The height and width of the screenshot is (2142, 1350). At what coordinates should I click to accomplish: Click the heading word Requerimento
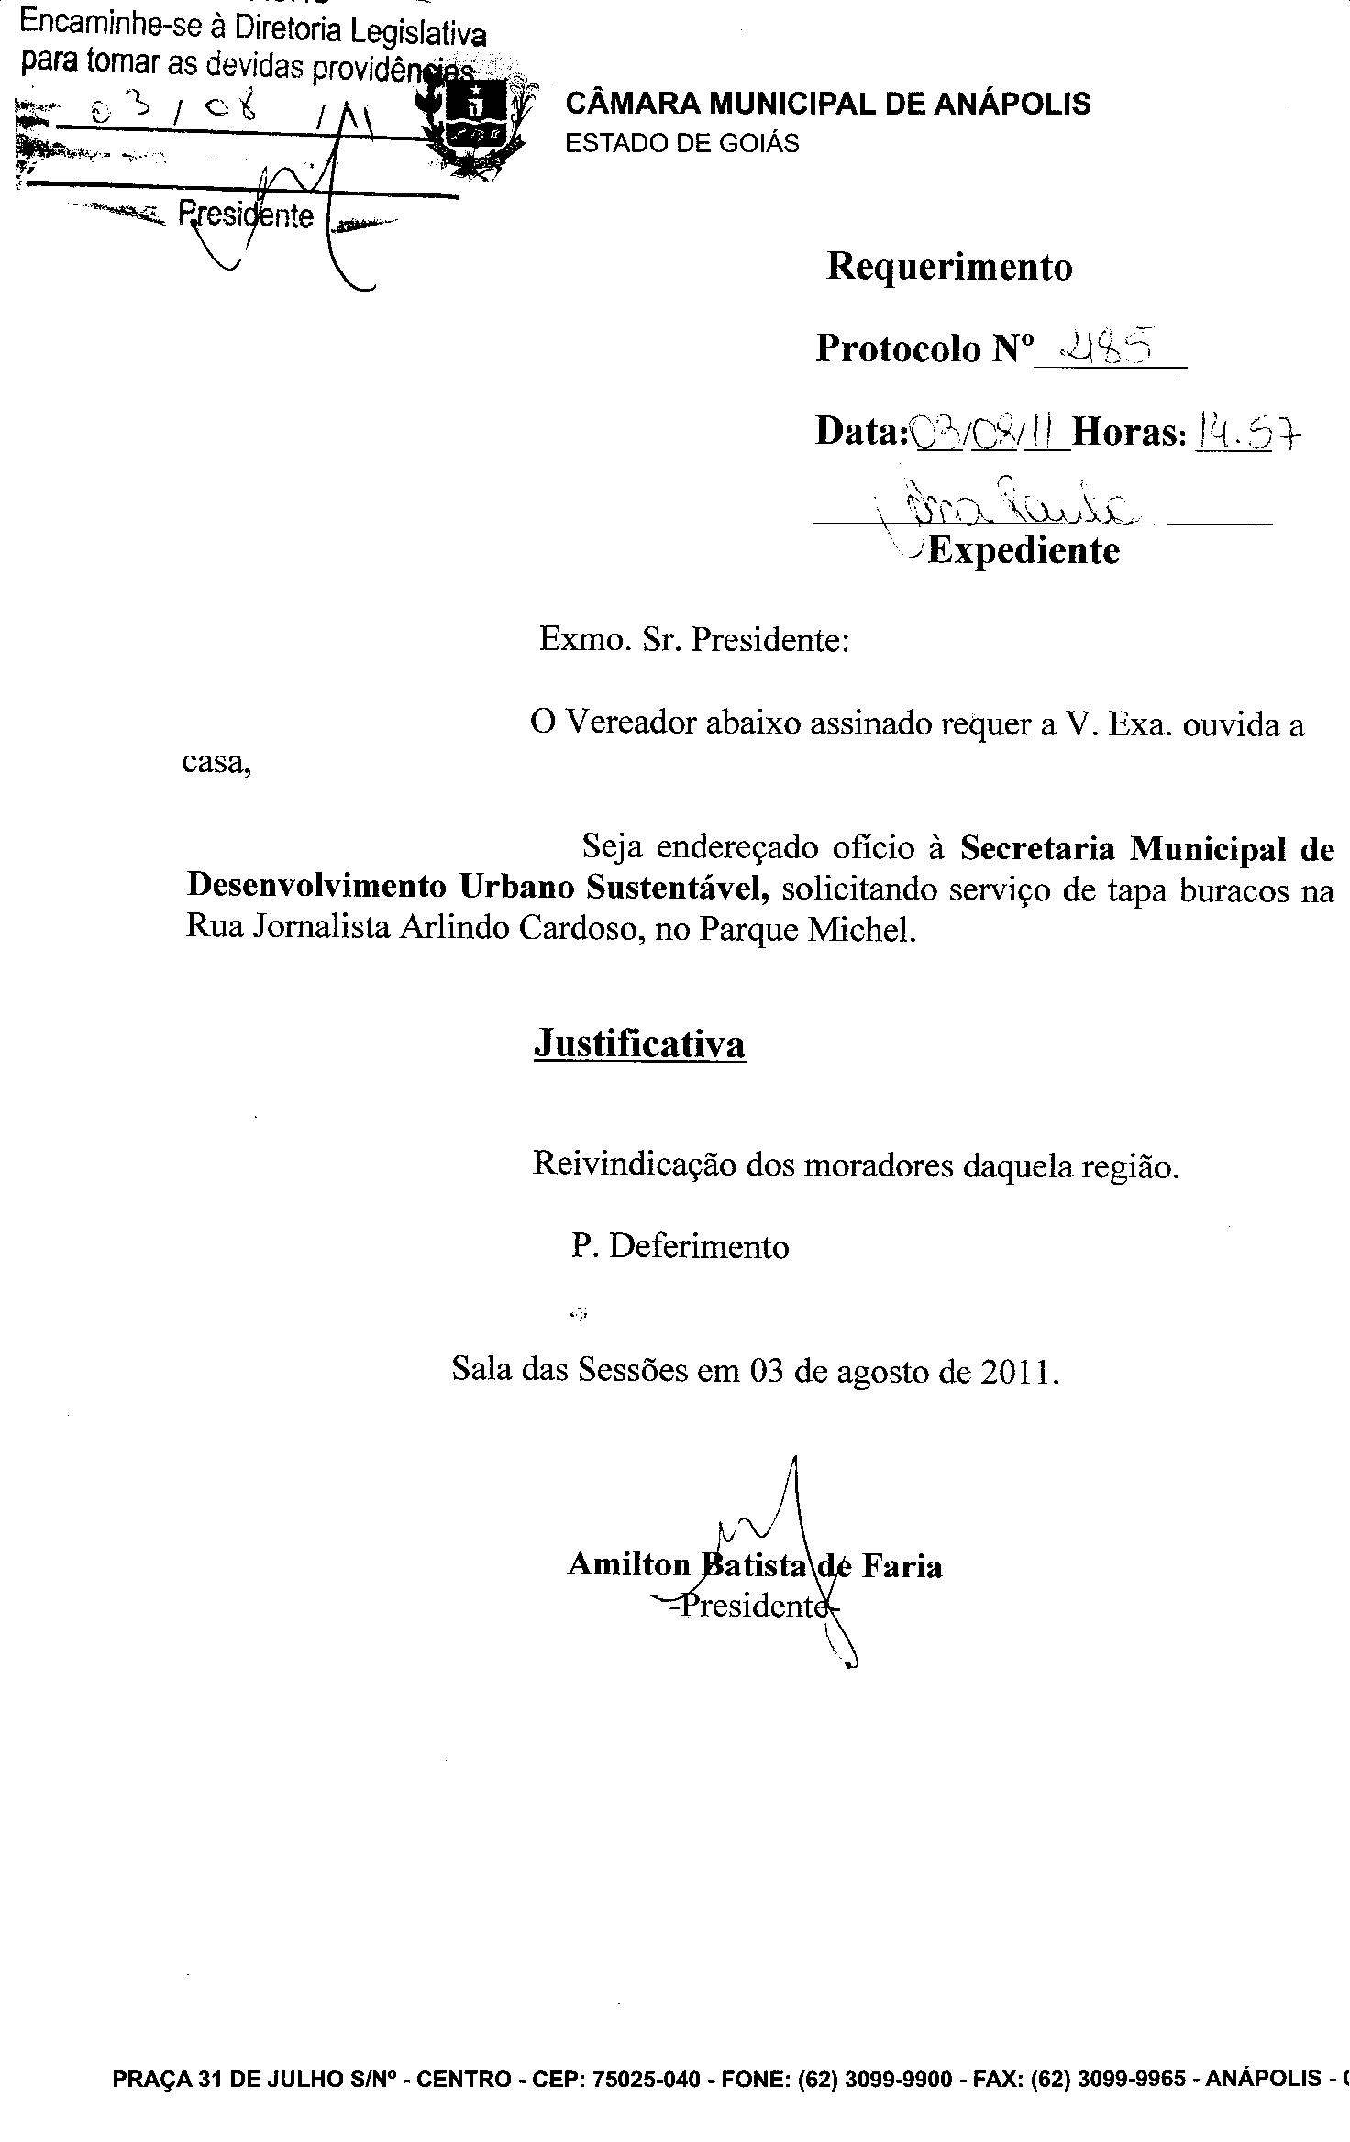coord(949,267)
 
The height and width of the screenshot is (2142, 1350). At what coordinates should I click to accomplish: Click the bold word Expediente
coord(1024,551)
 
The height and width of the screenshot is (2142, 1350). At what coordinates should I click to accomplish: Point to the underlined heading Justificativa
coord(639,1044)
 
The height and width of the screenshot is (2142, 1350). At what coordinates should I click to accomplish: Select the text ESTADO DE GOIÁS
coord(682,144)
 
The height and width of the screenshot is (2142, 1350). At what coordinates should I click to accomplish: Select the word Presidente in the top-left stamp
coord(246,215)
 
